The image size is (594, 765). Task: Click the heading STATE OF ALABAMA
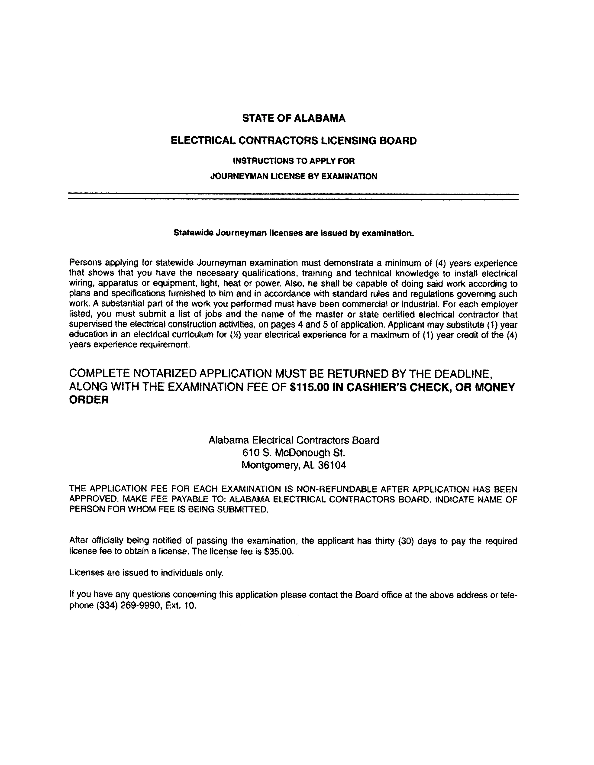(294, 118)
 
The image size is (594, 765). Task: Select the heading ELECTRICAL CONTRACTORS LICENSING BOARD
(294, 141)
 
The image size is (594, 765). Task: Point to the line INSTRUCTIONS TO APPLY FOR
(294, 161)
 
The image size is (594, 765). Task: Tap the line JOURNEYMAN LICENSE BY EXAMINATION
(294, 177)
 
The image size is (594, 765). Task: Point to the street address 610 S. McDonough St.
(294, 453)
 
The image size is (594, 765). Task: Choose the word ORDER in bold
(89, 400)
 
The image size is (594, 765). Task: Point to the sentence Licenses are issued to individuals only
(146, 573)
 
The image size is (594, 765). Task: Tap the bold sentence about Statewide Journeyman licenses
(294, 233)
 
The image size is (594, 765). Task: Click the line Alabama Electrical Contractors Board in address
(294, 440)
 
